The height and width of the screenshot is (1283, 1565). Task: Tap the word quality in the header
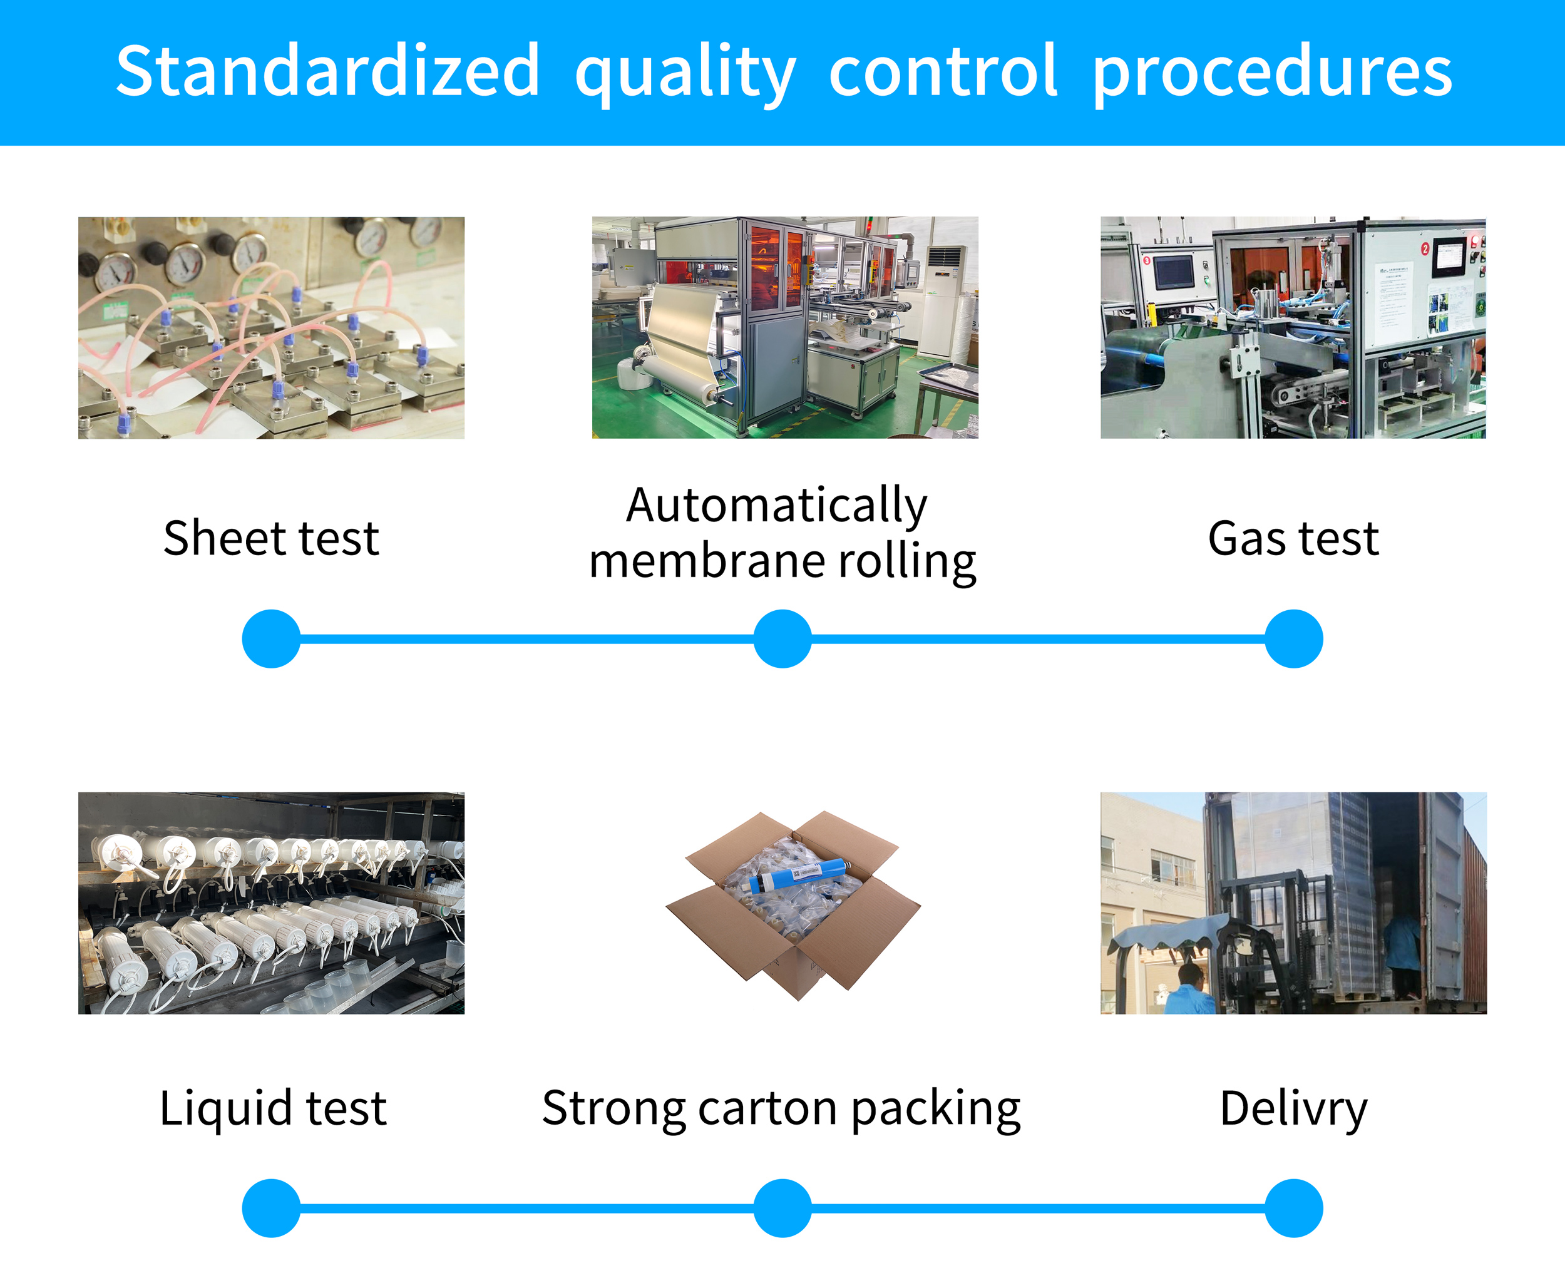point(685,74)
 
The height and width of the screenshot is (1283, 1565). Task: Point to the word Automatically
point(777,506)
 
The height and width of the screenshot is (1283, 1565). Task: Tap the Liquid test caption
point(273,1108)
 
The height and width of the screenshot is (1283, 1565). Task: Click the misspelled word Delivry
point(1294,1108)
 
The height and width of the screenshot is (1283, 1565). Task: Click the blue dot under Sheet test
point(271,638)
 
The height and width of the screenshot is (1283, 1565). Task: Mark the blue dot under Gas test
point(1294,638)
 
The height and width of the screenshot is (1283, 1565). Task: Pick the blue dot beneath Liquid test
point(271,1209)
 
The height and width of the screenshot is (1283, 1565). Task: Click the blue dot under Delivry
point(1294,1209)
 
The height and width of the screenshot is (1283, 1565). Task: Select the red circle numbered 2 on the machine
point(1425,249)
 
